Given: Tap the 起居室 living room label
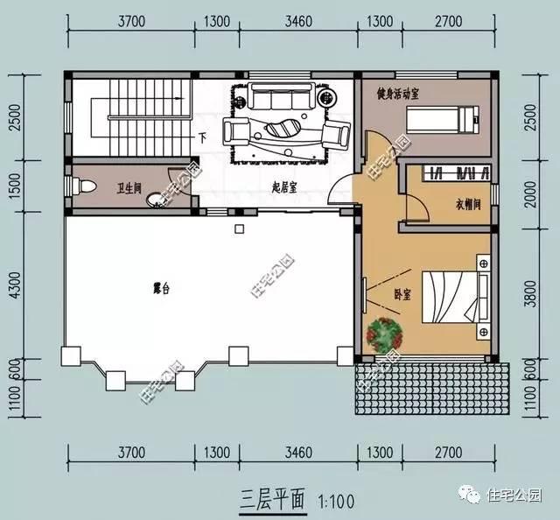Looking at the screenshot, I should coord(284,187).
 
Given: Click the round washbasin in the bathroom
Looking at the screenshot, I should coord(156,199).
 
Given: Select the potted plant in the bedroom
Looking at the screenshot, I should coord(384,335).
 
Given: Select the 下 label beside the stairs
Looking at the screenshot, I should coord(202,137).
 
